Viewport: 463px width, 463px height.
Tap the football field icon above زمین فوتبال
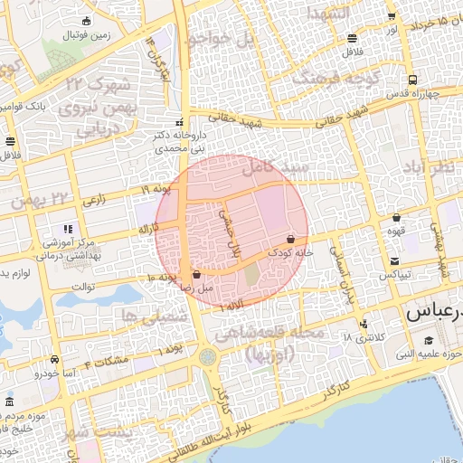point(86,21)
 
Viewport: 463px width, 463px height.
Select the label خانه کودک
point(291,253)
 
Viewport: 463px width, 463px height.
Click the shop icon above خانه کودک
point(290,240)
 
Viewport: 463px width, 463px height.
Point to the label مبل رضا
point(196,287)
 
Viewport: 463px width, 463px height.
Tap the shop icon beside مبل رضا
point(197,274)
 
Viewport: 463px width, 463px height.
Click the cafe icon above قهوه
point(396,218)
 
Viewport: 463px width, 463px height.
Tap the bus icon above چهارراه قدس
point(412,80)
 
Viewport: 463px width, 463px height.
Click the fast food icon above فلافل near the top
point(351,38)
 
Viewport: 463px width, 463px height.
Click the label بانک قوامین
point(20,106)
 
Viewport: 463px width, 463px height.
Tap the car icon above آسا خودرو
point(55,360)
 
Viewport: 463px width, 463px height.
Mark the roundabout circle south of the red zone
point(209,358)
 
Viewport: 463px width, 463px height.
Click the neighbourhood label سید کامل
point(277,167)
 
